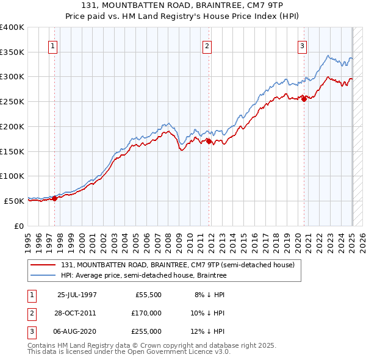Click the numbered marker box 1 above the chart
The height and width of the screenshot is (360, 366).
point(52,45)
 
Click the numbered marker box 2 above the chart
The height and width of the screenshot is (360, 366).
point(207,45)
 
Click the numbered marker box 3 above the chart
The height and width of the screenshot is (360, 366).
point(302,45)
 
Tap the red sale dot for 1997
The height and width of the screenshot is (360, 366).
point(54,198)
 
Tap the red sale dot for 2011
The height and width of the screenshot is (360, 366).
point(209,141)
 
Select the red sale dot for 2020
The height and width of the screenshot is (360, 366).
point(304,99)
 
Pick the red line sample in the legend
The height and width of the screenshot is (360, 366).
point(44,265)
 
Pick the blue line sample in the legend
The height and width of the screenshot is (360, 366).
point(44,276)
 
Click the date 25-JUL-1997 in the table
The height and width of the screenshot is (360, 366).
point(77,295)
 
